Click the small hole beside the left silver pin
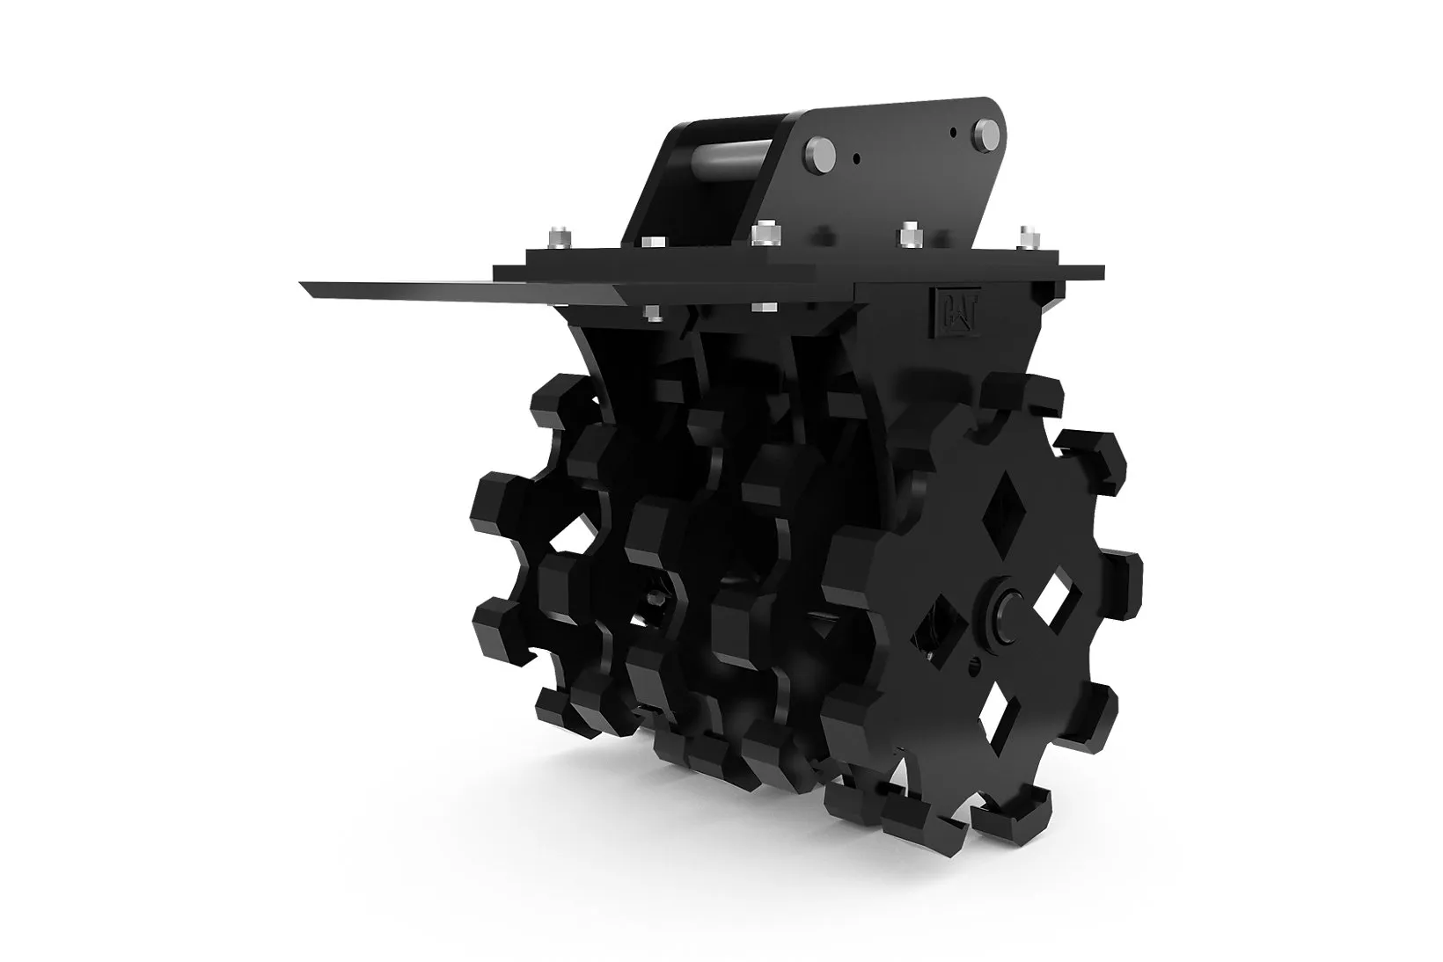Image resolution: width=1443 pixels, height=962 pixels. [x=856, y=157]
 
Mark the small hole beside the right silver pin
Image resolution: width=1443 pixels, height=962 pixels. [x=954, y=133]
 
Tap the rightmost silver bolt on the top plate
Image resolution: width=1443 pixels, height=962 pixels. [x=1029, y=237]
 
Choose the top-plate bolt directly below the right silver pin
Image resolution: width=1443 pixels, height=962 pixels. [x=910, y=235]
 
